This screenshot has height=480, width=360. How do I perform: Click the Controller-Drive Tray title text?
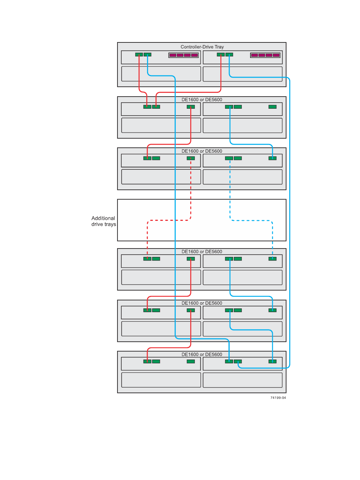202,47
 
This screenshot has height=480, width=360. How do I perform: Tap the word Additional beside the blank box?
103,218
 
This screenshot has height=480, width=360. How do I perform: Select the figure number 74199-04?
278,398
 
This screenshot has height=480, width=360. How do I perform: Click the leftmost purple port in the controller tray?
173,55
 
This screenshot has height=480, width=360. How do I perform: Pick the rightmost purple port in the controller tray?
276,55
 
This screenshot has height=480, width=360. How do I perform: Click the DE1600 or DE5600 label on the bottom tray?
202,355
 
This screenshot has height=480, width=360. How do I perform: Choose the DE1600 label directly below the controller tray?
202,100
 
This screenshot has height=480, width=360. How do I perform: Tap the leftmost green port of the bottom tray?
147,361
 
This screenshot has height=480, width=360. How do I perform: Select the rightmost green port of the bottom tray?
272,361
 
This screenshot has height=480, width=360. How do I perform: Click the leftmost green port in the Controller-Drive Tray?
139,55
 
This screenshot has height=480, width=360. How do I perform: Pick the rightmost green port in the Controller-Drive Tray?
229,55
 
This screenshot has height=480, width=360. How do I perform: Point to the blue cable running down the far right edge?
290,227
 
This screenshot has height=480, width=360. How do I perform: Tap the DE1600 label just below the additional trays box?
202,252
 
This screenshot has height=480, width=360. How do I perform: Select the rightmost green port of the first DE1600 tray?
272,107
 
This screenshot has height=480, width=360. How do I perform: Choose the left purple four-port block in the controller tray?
183,55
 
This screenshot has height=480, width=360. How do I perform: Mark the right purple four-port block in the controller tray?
265,55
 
